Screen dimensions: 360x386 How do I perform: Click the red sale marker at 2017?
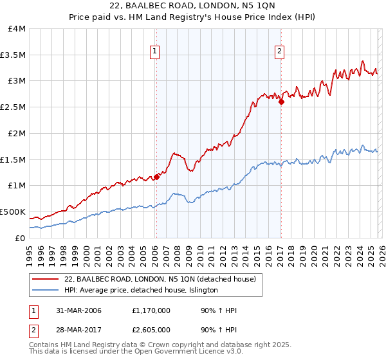pos(281,101)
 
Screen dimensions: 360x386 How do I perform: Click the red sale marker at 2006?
pos(156,176)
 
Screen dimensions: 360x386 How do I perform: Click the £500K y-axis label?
pos(13,212)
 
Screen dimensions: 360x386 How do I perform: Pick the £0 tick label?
pos(21,238)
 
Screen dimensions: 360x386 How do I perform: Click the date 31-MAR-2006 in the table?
pos(80,310)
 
